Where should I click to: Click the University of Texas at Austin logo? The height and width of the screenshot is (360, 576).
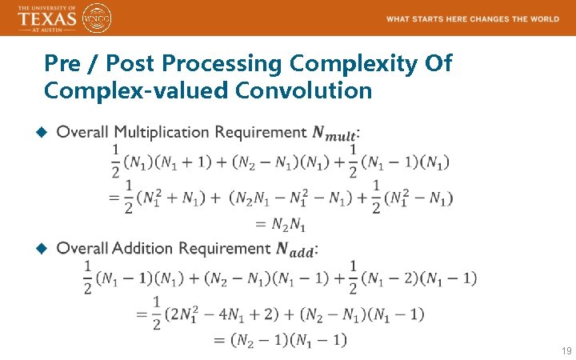click(x=46, y=17)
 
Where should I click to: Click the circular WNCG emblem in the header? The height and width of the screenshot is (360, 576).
click(x=97, y=17)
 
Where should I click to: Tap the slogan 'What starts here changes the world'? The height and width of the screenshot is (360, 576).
click(x=472, y=18)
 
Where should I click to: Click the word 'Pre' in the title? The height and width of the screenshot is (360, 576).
click(x=62, y=62)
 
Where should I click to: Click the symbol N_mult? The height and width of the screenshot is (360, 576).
click(x=334, y=133)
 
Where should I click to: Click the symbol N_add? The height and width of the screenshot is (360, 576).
click(x=294, y=250)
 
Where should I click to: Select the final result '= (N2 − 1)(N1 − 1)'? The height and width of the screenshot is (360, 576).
click(x=279, y=340)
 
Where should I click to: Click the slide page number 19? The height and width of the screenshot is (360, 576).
click(x=566, y=351)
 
